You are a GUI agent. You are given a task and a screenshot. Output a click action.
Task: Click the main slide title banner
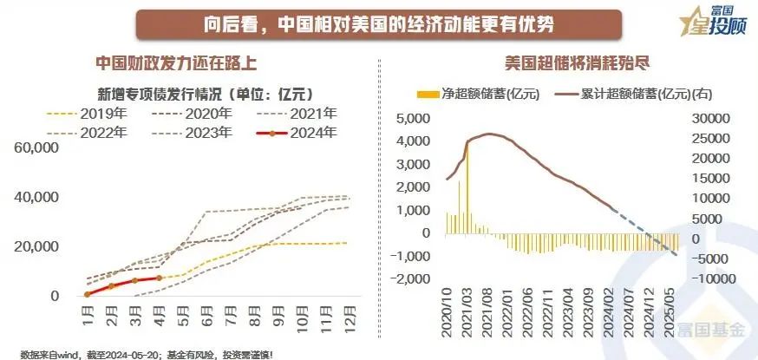(x=378, y=23)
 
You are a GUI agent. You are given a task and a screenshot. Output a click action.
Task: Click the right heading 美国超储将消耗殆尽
(x=566, y=63)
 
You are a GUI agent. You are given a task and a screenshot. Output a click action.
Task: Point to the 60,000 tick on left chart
(x=37, y=148)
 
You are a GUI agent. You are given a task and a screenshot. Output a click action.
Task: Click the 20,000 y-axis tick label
(x=37, y=247)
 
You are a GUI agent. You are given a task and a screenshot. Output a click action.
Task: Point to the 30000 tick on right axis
(x=706, y=117)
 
